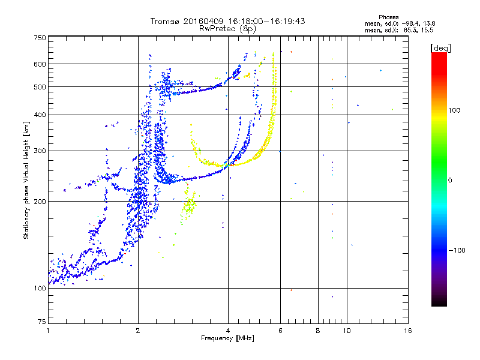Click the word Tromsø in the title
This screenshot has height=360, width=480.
point(166,21)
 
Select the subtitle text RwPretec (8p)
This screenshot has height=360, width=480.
point(227,29)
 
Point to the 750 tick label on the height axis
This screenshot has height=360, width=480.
point(40,38)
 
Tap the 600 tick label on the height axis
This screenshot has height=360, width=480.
point(40,64)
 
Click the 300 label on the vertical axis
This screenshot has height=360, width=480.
point(40,151)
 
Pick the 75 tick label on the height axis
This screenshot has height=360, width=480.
point(42,322)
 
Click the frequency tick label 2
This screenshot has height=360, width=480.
point(138,331)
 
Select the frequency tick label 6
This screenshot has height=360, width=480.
point(280,331)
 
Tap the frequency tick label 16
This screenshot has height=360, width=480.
point(408,331)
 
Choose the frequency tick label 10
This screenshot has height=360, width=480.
point(347,331)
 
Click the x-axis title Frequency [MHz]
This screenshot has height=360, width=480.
point(227,338)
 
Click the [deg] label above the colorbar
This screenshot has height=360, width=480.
point(440,48)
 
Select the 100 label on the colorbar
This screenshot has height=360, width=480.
point(454,110)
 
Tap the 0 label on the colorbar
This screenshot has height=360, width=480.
point(450,181)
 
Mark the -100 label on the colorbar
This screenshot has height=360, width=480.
point(457,250)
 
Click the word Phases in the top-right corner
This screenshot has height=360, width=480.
point(388,17)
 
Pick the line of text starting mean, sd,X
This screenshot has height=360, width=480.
point(399,31)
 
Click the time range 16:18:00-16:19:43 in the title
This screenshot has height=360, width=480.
point(266,21)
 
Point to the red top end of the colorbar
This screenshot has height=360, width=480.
point(439,54)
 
